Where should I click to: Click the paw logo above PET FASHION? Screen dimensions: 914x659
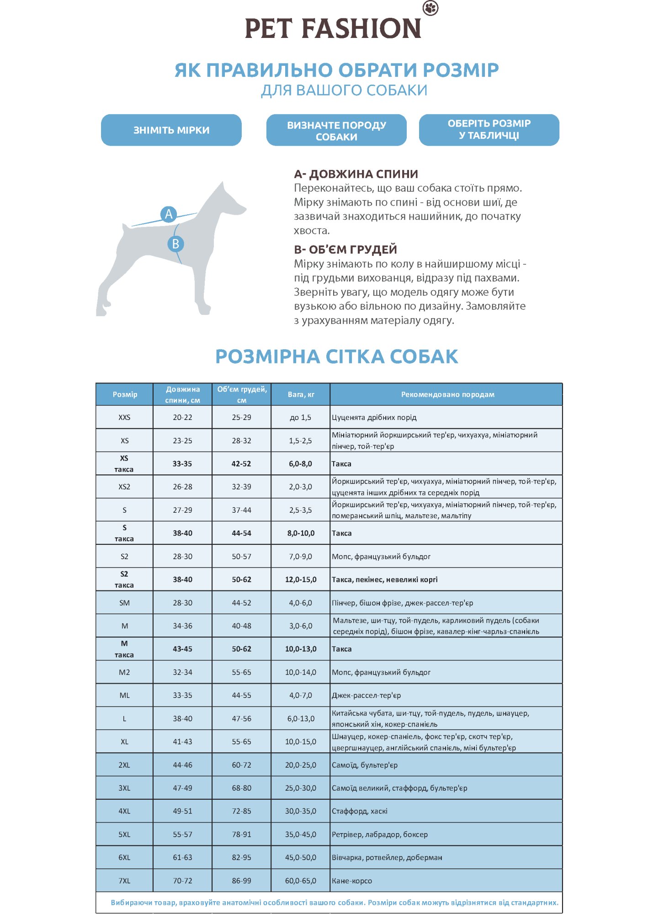(x=430, y=8)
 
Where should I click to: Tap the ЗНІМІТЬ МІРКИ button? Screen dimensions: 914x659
(x=171, y=130)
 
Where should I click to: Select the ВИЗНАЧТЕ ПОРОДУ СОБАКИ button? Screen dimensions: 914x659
(x=336, y=130)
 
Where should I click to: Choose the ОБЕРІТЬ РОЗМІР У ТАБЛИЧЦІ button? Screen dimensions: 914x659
(x=489, y=130)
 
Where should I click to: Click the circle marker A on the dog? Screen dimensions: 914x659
(x=169, y=214)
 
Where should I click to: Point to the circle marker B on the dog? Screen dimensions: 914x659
(x=175, y=244)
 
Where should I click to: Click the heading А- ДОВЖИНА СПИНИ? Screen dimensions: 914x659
(x=356, y=174)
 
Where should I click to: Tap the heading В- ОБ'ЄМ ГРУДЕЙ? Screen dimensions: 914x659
(x=345, y=250)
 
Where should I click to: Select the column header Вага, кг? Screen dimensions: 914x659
(x=301, y=394)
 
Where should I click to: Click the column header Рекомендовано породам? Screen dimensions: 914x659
(x=447, y=394)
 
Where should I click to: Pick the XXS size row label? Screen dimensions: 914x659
(x=124, y=417)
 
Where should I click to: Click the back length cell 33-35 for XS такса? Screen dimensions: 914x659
(x=182, y=464)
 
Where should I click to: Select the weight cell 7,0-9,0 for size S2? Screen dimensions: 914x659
(x=301, y=557)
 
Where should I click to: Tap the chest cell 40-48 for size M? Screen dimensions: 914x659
(x=241, y=626)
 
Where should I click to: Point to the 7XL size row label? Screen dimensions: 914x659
(x=124, y=881)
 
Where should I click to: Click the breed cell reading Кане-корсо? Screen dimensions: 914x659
(x=352, y=881)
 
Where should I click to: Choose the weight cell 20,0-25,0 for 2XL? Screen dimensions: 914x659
(x=301, y=765)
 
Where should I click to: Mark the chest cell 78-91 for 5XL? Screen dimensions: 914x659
(x=241, y=834)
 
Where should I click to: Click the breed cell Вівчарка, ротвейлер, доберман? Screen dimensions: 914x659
(x=387, y=857)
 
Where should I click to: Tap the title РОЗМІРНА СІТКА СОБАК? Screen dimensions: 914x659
(x=336, y=357)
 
